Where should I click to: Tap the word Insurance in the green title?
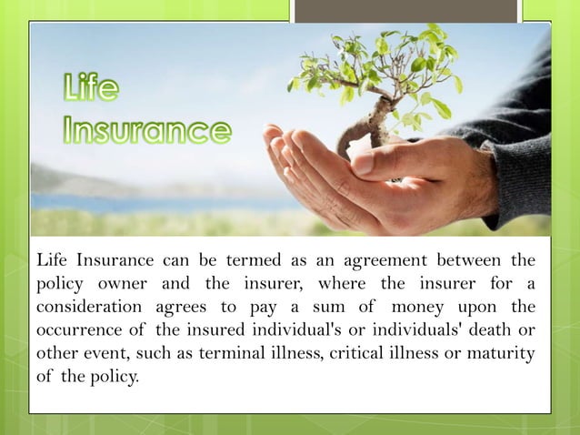coord(147,130)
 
